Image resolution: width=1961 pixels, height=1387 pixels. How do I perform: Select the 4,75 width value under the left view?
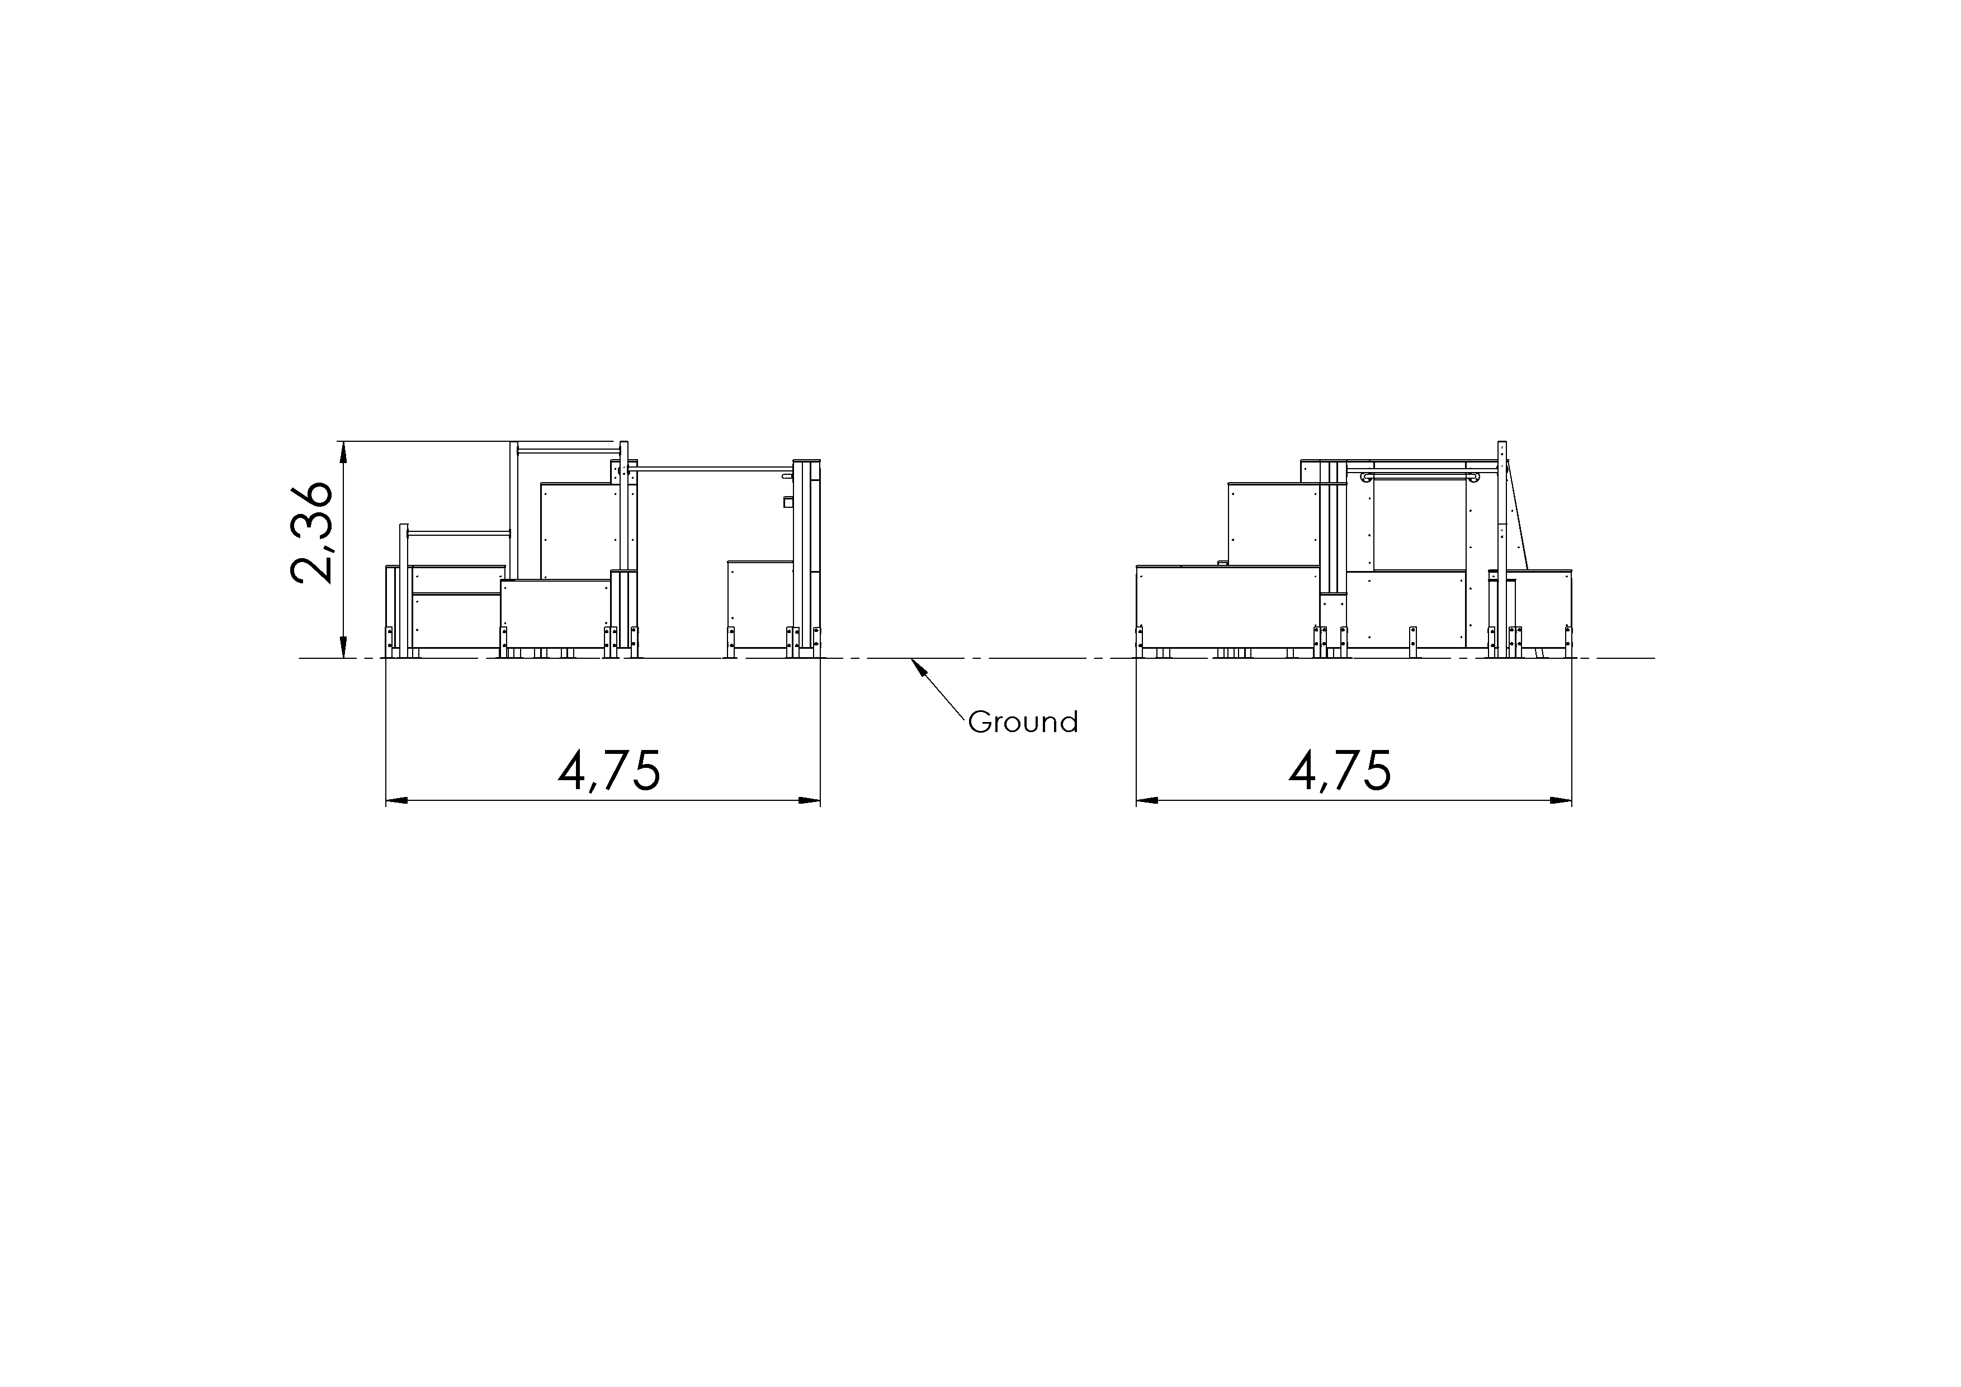point(609,771)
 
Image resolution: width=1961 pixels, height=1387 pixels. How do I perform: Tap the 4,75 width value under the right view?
point(1340,771)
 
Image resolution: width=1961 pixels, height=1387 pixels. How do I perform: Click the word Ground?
point(1022,723)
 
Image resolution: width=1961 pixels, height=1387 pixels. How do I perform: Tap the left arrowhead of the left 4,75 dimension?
point(397,801)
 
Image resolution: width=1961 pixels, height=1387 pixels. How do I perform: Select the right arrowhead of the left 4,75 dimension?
point(809,801)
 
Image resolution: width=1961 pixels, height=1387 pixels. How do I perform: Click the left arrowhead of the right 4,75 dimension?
point(1147,801)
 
